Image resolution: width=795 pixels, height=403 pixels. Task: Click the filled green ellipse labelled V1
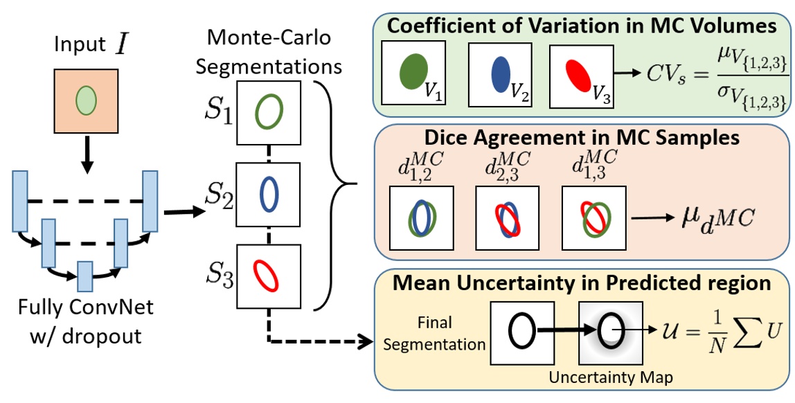414,73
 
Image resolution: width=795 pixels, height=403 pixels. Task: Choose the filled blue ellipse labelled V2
499,73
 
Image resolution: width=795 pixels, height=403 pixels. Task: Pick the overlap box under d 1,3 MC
593,218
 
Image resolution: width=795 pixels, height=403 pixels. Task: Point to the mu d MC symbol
714,221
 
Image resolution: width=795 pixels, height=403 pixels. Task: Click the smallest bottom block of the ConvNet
84,276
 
